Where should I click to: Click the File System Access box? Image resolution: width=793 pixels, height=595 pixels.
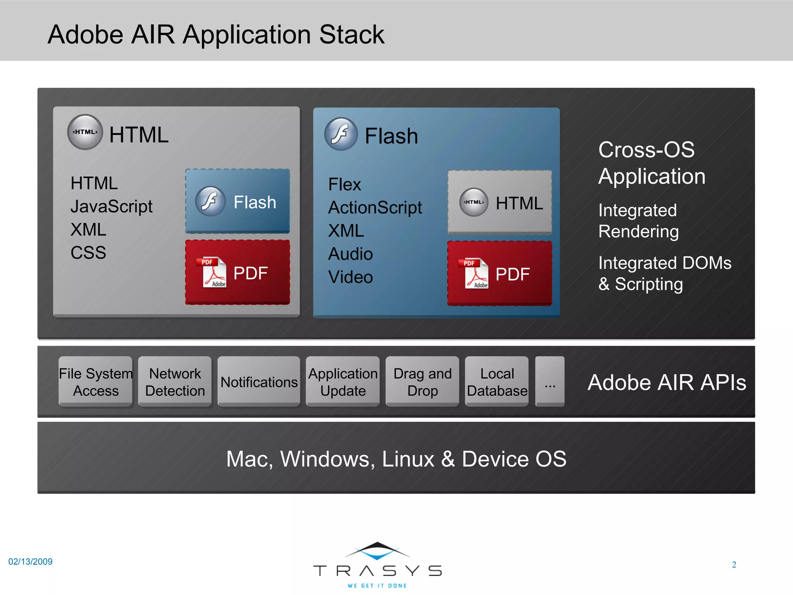click(x=95, y=382)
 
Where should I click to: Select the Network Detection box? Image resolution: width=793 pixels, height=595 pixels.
click(x=175, y=382)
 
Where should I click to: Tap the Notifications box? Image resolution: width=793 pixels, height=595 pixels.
click(x=259, y=382)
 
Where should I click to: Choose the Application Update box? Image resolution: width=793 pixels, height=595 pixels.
click(x=343, y=382)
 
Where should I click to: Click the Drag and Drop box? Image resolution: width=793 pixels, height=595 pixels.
click(x=422, y=382)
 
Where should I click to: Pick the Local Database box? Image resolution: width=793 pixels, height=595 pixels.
click(x=497, y=382)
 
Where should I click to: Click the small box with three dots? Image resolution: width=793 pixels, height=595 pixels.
click(x=550, y=382)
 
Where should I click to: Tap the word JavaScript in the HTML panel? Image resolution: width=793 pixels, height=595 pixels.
click(x=112, y=206)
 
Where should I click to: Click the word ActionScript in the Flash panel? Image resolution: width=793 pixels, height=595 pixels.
click(x=375, y=208)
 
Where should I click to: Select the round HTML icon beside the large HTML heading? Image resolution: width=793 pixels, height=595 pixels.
click(x=85, y=132)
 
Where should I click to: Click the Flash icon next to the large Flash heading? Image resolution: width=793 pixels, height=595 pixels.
click(x=341, y=134)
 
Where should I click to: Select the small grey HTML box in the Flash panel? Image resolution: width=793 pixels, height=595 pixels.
click(x=499, y=202)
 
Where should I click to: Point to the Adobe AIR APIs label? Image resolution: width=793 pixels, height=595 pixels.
click(x=667, y=383)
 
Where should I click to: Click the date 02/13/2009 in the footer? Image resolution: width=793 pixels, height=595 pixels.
click(x=30, y=562)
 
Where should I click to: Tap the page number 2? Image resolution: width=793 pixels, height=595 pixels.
click(x=734, y=565)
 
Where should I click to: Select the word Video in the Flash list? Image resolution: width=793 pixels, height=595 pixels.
click(x=350, y=277)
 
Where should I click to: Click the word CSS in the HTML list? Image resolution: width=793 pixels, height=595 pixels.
click(x=88, y=253)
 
